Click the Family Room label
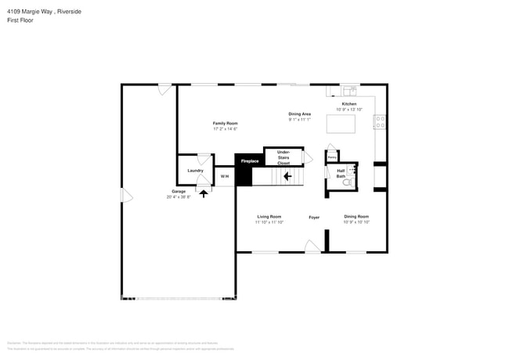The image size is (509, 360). tap(226, 123)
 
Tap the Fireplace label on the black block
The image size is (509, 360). tap(249, 161)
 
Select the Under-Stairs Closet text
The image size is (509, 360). tap(283, 157)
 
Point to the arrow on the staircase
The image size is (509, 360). tap(287, 177)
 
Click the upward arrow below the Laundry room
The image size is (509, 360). tap(204, 192)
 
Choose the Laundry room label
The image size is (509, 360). tap(196, 171)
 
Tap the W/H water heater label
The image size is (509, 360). tap(224, 177)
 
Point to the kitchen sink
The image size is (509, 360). tap(349, 90)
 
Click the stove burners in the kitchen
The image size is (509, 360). tap(380, 122)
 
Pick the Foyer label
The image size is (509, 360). tap(314, 217)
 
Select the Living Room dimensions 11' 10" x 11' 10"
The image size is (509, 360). tap(269, 222)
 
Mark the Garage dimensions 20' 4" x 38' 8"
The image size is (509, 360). tap(179, 197)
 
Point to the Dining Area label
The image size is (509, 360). tap(300, 113)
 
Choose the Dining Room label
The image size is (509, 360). tap(356, 217)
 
